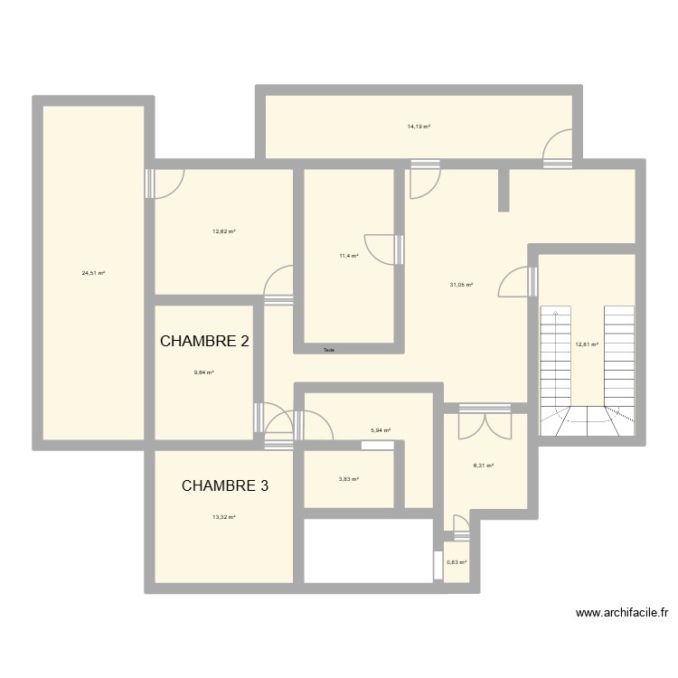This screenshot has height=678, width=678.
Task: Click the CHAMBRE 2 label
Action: pyautogui.click(x=204, y=342)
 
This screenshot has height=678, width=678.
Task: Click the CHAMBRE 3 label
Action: pyautogui.click(x=225, y=486)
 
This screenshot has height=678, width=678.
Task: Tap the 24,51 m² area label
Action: pyautogui.click(x=93, y=272)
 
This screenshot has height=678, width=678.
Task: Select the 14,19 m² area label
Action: pyautogui.click(x=419, y=127)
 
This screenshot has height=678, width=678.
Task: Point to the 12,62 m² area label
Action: pyautogui.click(x=224, y=231)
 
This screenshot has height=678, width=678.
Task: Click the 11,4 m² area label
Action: pyautogui.click(x=349, y=256)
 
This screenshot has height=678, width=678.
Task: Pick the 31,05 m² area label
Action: pyautogui.click(x=461, y=285)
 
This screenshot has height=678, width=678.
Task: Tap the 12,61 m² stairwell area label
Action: pyautogui.click(x=587, y=344)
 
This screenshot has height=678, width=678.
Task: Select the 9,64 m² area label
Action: pyautogui.click(x=203, y=372)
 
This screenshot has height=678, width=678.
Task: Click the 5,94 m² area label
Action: pyautogui.click(x=380, y=430)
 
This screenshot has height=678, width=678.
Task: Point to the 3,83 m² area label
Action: pyautogui.click(x=349, y=479)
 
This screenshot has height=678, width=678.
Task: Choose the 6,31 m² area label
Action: pyautogui.click(x=485, y=466)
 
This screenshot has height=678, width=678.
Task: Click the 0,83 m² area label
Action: pyautogui.click(x=457, y=562)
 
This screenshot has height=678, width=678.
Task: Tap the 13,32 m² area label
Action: pyautogui.click(x=224, y=517)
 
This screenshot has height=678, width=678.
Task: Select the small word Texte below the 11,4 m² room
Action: pyautogui.click(x=329, y=350)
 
